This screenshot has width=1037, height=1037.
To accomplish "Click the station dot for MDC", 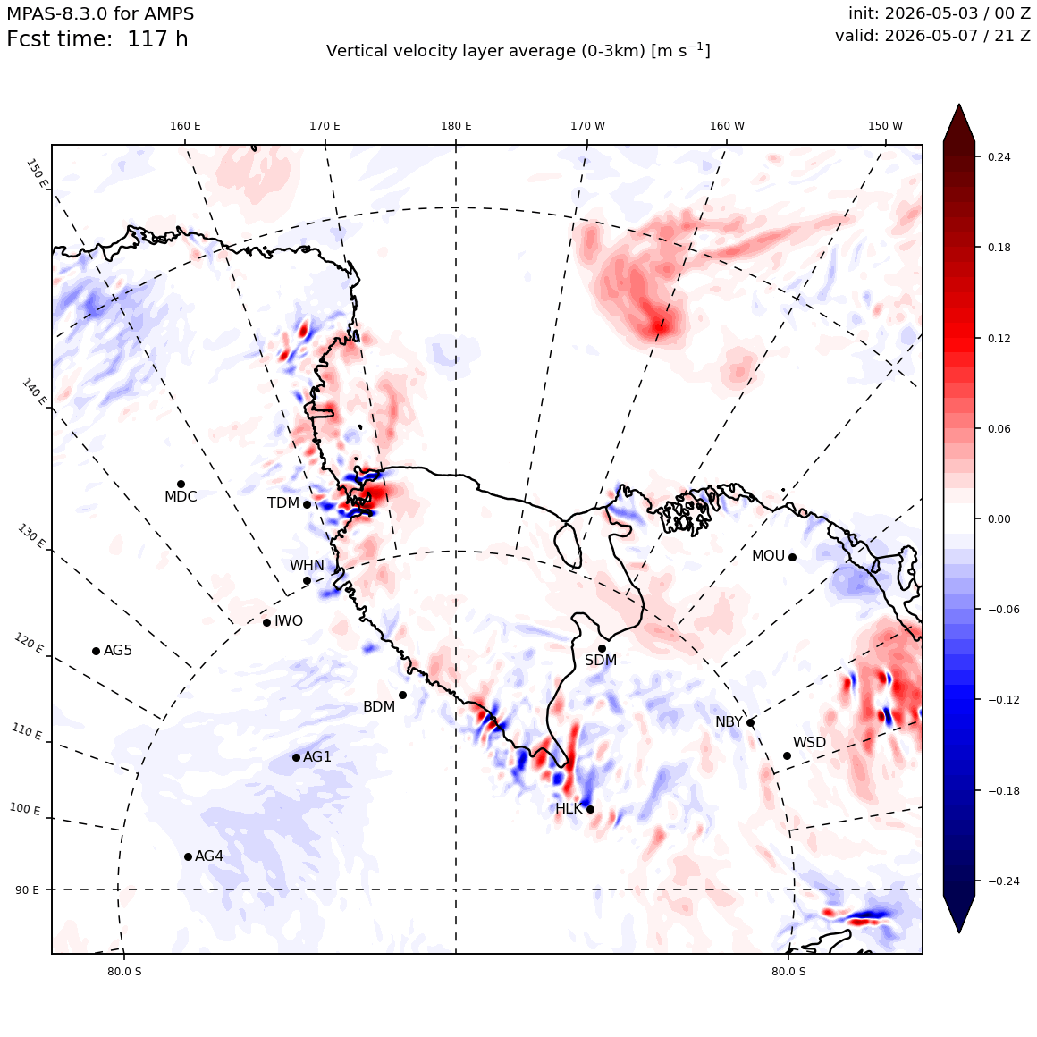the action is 181,485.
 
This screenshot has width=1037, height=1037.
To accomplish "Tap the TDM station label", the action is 283,503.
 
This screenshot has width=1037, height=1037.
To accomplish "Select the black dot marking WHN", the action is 307,581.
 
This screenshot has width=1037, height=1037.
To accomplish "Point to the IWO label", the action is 289,621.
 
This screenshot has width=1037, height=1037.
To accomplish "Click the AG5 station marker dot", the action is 96,652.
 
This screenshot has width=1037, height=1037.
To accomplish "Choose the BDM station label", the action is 379,707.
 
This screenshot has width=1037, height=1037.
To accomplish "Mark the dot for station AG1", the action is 296,757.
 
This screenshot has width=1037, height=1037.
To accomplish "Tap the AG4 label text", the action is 209,856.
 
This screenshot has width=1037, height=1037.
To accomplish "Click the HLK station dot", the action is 591,810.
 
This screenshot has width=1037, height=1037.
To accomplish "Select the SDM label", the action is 601,660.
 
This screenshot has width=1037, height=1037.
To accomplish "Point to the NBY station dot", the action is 751,723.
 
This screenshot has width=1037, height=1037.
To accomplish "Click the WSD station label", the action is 810,743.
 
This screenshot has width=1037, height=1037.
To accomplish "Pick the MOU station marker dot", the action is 792,557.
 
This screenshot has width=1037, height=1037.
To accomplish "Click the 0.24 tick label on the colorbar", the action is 999,156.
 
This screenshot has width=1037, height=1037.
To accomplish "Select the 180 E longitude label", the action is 456,126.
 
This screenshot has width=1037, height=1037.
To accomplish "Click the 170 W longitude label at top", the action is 588,126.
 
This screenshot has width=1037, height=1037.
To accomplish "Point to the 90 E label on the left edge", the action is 27,890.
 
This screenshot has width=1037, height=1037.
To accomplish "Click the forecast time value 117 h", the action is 157,39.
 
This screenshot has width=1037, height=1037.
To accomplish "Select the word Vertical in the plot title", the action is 351,51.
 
